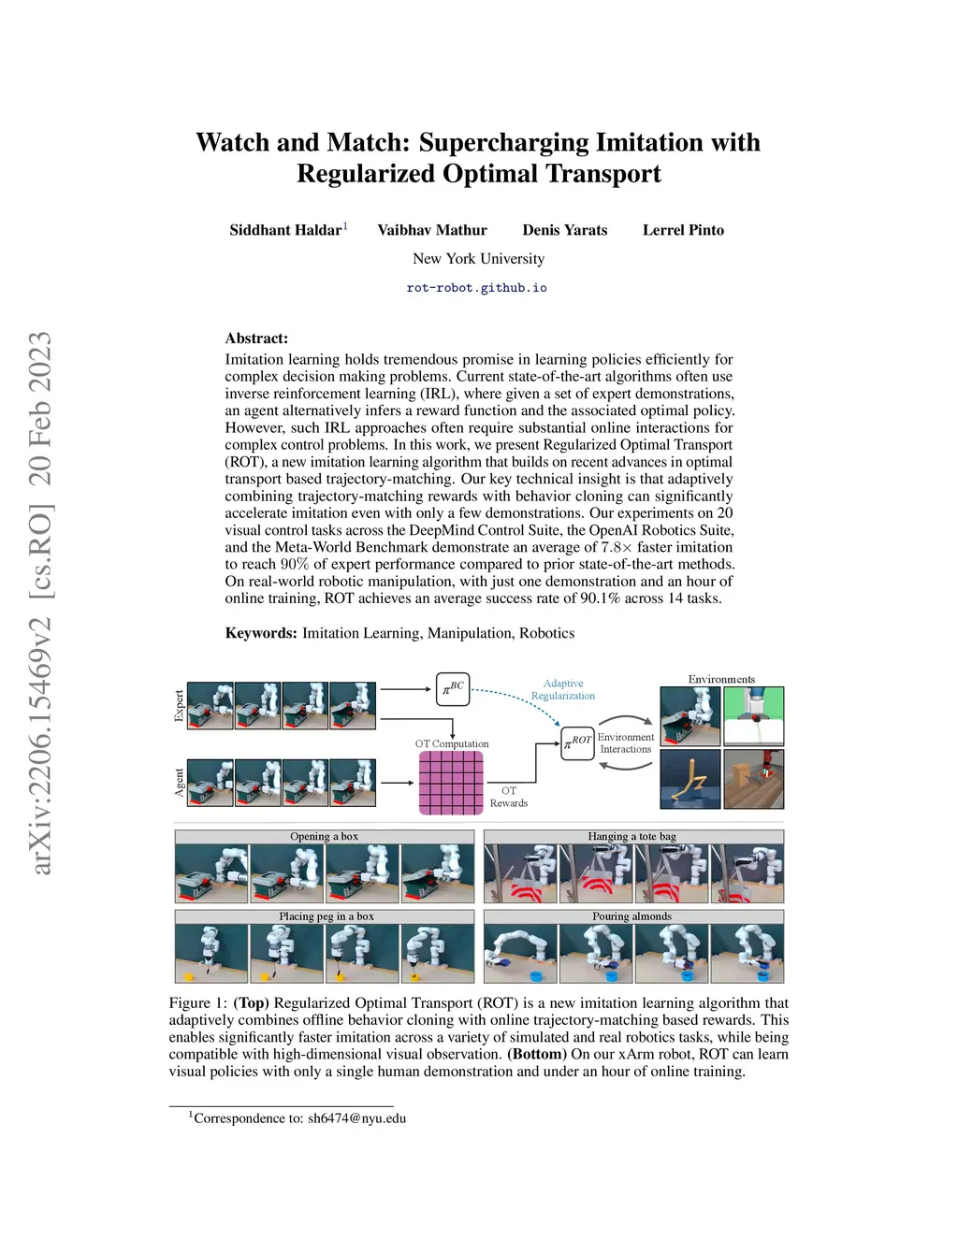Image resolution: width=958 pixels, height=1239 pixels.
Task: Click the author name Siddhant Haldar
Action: pyautogui.click(x=285, y=230)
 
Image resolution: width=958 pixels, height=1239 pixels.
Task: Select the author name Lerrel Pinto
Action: pyautogui.click(x=683, y=230)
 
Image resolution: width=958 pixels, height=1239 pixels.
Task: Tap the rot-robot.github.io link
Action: pyautogui.click(x=477, y=287)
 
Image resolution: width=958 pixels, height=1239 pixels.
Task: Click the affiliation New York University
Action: pyautogui.click(x=478, y=258)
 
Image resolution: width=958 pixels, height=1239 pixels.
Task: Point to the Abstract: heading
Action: pyautogui.click(x=256, y=339)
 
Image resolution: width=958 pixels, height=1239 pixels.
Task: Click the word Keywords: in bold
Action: pyautogui.click(x=261, y=633)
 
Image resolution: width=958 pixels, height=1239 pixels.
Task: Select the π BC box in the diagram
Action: pyautogui.click(x=453, y=689)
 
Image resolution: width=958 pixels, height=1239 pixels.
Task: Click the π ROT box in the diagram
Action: pyautogui.click(x=577, y=743)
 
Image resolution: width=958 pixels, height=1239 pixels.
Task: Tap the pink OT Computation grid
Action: pyautogui.click(x=451, y=783)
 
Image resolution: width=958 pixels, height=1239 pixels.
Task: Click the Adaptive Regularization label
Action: pyautogui.click(x=563, y=689)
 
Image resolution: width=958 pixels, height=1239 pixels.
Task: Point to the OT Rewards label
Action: pyautogui.click(x=509, y=797)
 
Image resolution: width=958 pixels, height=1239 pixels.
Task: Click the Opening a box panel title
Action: pyautogui.click(x=324, y=837)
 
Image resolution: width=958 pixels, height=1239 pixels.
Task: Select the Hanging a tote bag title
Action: pyautogui.click(x=631, y=837)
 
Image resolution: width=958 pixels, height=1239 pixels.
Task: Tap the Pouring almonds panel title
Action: pyautogui.click(x=631, y=916)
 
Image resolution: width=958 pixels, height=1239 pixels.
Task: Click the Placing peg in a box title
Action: pyautogui.click(x=327, y=916)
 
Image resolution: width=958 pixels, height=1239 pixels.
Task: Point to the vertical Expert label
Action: pyautogui.click(x=179, y=706)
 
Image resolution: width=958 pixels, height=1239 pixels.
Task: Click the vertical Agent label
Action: pyautogui.click(x=179, y=783)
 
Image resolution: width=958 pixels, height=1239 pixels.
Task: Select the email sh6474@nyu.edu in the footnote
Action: pyautogui.click(x=357, y=1118)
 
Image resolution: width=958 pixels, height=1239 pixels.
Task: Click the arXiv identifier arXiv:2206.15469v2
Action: pyautogui.click(x=41, y=746)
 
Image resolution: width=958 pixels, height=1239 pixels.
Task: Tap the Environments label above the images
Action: pyautogui.click(x=721, y=679)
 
